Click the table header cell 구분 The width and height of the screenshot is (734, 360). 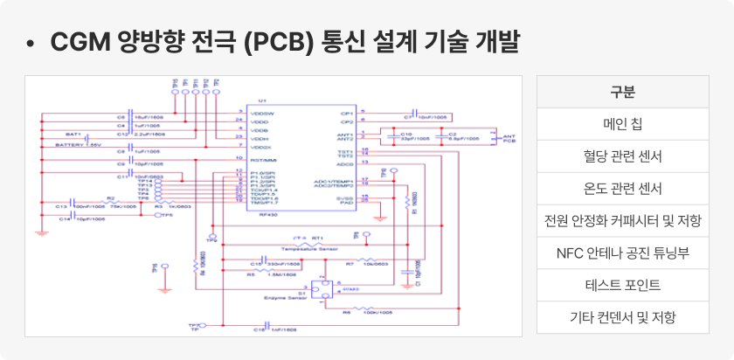[622, 92]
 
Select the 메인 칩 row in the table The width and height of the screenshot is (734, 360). [622, 124]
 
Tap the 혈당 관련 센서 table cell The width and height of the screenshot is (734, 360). [622, 156]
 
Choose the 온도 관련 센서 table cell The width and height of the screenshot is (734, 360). [622, 189]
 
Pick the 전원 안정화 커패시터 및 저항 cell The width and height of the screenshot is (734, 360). [622, 221]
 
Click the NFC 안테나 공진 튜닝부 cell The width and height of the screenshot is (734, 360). [622, 253]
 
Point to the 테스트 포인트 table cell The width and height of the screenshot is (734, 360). [622, 286]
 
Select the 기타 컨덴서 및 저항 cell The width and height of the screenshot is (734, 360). [622, 317]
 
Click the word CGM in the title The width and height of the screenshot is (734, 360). [80, 42]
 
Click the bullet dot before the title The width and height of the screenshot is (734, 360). [31, 43]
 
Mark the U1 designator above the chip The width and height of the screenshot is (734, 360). [263, 101]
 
